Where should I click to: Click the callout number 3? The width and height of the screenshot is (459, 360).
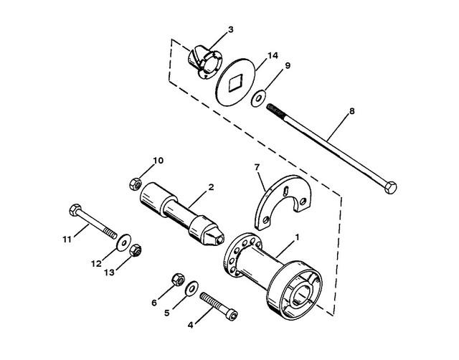[x=231, y=29]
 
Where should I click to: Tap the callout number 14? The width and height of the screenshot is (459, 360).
[x=273, y=55]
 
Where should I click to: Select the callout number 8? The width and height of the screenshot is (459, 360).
[x=352, y=111]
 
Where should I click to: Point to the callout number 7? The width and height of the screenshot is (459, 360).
[x=257, y=167]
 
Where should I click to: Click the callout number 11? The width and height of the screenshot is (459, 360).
[x=67, y=240]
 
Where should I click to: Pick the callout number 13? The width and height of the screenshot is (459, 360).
[x=109, y=273]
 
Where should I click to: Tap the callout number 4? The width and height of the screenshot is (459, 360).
[x=191, y=325]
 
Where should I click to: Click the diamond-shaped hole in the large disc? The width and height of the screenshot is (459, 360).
[x=235, y=82]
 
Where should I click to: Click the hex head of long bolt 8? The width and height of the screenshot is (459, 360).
[x=390, y=187]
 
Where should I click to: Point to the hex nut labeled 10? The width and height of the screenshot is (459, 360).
[x=136, y=184]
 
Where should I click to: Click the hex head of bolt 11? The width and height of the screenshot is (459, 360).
[x=75, y=209]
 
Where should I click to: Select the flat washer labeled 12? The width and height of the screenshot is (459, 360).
[x=124, y=242]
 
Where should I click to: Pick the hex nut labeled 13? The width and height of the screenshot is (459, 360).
[x=136, y=250]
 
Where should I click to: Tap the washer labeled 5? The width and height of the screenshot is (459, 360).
[x=191, y=288]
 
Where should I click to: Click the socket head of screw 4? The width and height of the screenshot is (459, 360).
[x=232, y=315]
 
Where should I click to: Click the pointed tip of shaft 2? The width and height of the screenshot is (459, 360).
[x=220, y=240]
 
